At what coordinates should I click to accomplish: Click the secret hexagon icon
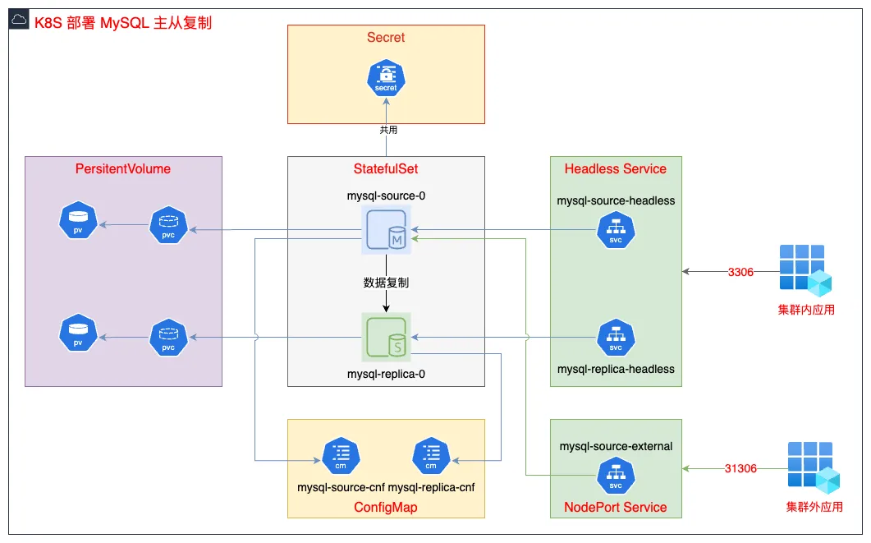point(386,78)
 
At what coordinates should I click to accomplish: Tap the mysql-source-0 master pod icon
point(386,230)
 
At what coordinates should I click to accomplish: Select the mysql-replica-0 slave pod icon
point(386,338)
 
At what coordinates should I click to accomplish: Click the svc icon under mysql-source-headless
point(616,230)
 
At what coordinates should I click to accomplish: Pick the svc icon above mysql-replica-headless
point(616,338)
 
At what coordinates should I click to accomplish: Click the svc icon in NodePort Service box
point(616,476)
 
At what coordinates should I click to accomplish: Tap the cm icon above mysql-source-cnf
point(341,456)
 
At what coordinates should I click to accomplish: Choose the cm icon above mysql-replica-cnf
point(431,456)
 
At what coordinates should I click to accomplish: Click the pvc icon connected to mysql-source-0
point(168,225)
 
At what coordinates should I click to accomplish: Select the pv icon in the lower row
point(78,333)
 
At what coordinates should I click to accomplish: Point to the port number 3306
point(740,272)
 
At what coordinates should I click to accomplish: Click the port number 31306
point(740,468)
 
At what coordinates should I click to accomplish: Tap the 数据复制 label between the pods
point(386,283)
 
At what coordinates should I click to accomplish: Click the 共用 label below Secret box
point(388,130)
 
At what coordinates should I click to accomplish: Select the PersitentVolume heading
point(123,169)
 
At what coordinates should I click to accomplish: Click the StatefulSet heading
point(386,169)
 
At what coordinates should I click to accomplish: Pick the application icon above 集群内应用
point(805,270)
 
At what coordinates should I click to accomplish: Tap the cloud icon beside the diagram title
point(19,21)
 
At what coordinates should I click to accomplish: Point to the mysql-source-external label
point(616,446)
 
